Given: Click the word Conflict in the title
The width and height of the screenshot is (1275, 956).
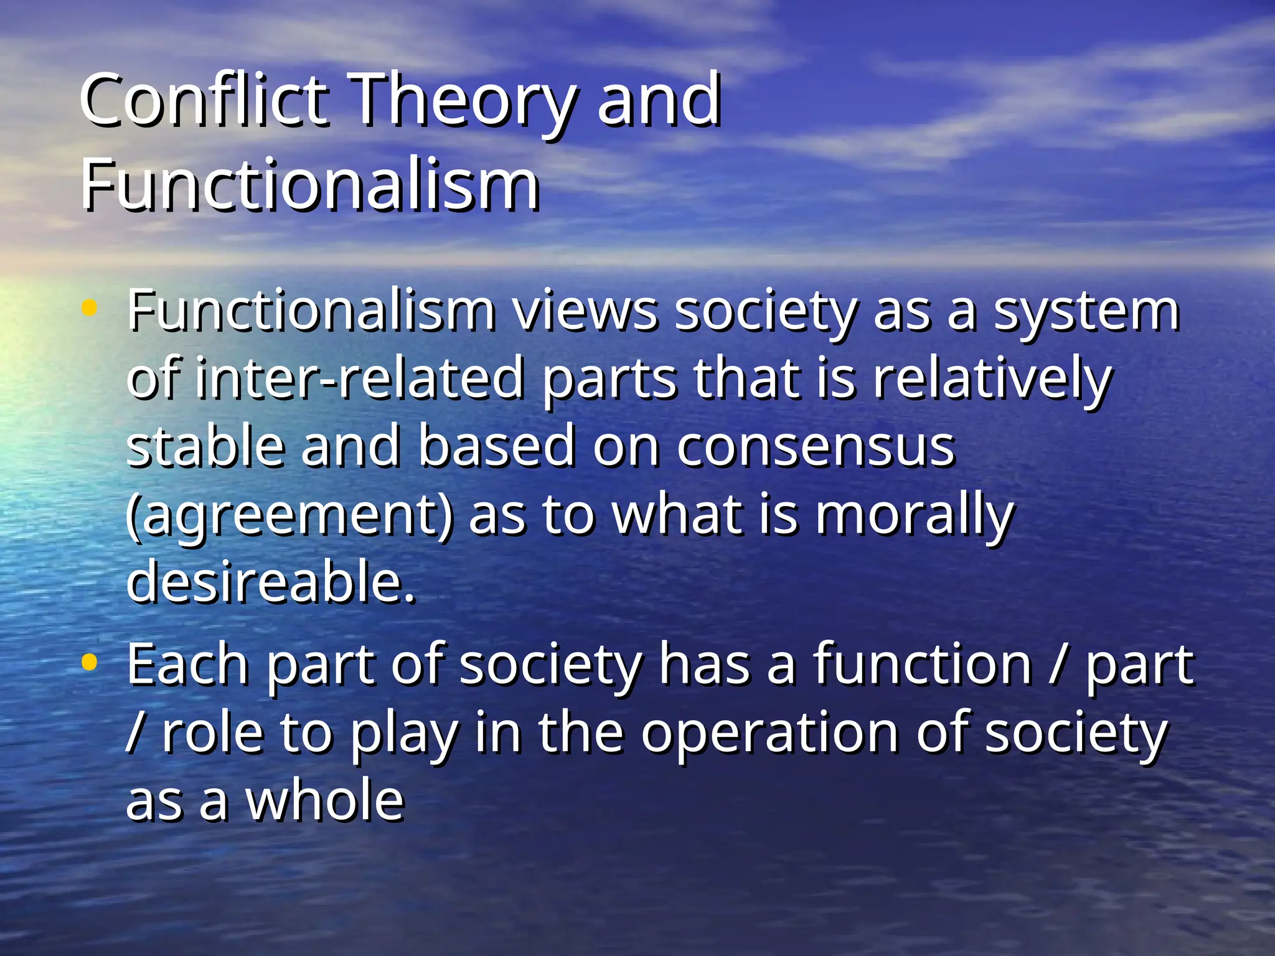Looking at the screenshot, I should tap(203, 100).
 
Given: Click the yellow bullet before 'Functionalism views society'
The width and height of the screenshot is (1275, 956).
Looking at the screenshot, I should tap(90, 307).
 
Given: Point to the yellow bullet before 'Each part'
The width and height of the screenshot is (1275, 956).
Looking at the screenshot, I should tap(90, 662).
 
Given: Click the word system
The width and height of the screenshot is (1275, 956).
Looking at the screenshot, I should tap(1086, 311).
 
